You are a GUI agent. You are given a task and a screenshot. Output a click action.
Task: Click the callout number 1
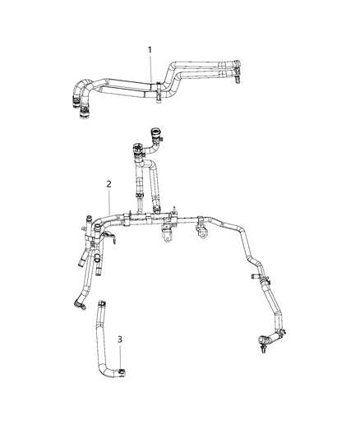click(150, 50)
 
